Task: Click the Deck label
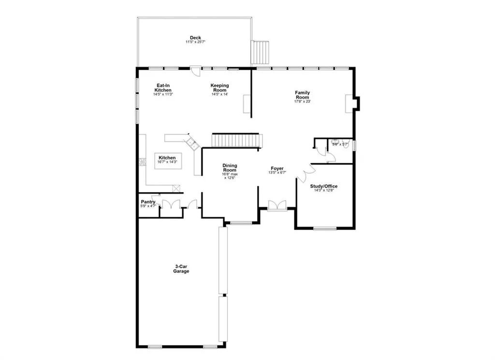coord(195,37)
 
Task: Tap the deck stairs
coord(260,52)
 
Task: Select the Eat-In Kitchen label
coord(162,88)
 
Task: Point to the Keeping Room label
coord(219,88)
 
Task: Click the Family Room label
coord(303,95)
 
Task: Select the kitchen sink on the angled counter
coord(192,143)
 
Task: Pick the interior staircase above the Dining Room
coord(237,141)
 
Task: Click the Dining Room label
coord(230,168)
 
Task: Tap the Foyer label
coord(277,168)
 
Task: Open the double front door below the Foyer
coord(277,205)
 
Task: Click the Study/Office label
coord(324,186)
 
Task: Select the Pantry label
coord(147,202)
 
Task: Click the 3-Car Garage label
coord(182,269)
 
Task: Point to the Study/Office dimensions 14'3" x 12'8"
coord(324,191)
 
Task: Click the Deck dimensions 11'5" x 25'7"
coord(195,42)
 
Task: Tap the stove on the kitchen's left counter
coord(143,162)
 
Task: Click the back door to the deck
coord(194,71)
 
